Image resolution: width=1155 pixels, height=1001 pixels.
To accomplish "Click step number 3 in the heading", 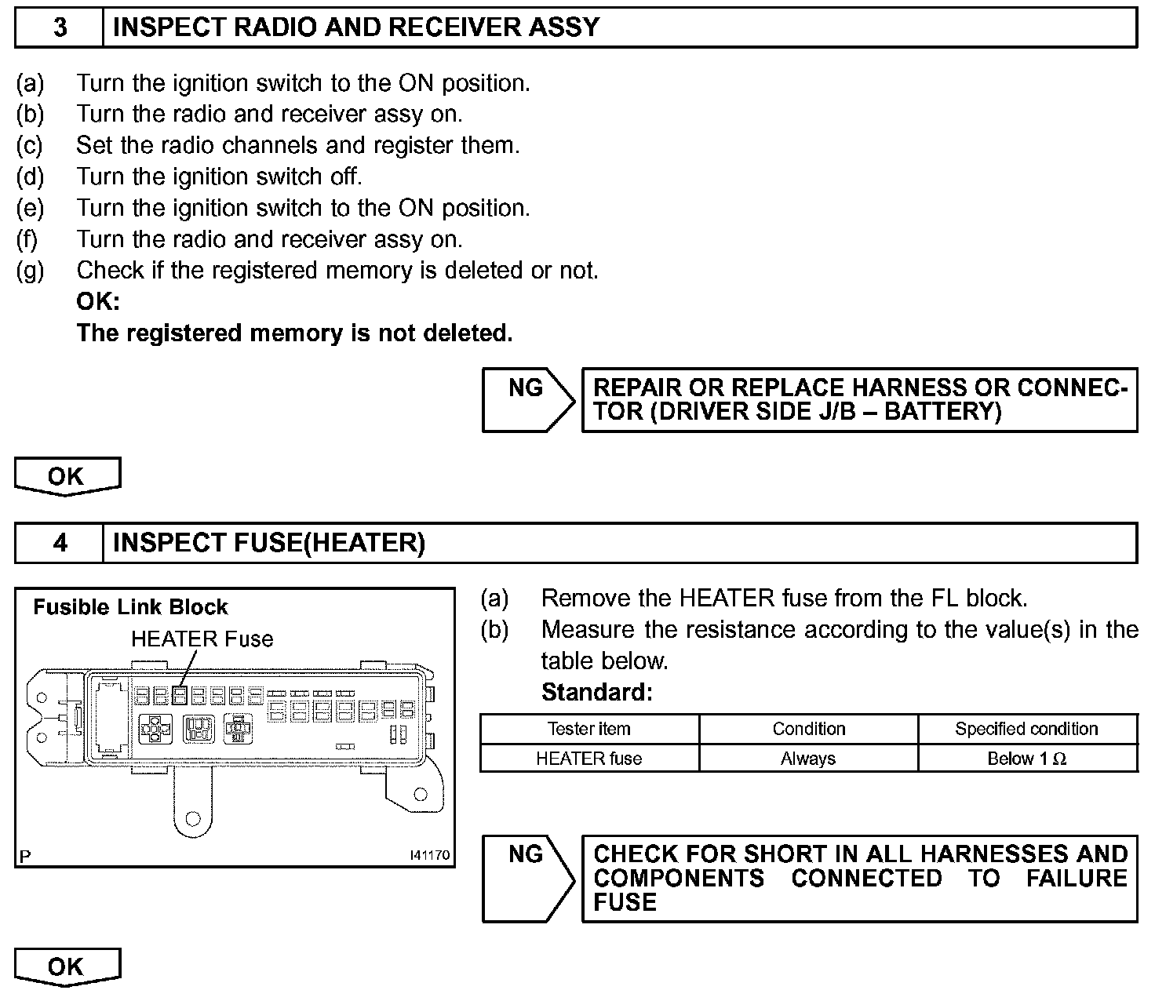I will click(60, 28).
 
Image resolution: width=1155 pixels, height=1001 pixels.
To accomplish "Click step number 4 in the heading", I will click(60, 543).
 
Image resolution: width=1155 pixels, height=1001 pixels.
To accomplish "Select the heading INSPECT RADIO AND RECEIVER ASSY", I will click(356, 28).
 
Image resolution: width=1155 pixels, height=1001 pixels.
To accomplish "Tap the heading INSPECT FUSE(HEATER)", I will click(269, 543).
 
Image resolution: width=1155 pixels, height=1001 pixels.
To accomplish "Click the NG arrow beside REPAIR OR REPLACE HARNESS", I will click(527, 399).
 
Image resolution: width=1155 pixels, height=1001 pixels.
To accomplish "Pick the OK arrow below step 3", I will click(67, 476).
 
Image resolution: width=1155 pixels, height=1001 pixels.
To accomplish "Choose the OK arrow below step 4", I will click(67, 966).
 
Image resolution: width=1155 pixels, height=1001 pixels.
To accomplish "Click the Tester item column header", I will click(588, 729).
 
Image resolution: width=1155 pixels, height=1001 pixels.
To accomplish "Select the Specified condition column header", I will click(1026, 729).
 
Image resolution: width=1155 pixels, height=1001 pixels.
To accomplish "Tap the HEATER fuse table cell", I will click(588, 759).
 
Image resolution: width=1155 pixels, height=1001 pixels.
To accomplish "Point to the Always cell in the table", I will click(808, 759).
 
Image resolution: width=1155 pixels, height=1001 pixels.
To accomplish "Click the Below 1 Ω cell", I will click(1026, 759).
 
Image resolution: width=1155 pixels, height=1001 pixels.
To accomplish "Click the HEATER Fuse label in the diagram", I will click(202, 639).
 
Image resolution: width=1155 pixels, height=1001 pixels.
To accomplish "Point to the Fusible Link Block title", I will click(130, 607).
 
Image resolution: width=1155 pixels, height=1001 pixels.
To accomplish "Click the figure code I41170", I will click(430, 855).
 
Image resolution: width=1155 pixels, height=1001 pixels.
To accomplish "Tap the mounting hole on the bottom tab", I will click(191, 821).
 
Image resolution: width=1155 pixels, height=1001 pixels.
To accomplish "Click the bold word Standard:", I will click(597, 693).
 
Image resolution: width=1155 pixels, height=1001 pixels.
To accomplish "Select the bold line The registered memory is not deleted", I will click(294, 333).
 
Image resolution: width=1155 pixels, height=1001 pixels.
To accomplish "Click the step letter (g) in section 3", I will click(31, 271).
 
